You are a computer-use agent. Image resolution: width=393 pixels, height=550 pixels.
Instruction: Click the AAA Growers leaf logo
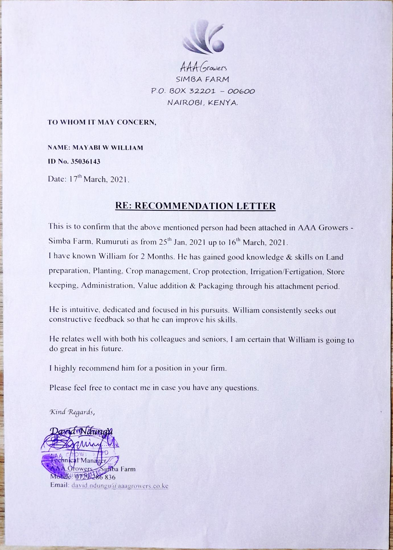204,37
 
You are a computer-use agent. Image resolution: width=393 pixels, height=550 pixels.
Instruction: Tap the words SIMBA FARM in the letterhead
202,79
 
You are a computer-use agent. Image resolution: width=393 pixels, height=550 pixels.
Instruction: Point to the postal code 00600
241,91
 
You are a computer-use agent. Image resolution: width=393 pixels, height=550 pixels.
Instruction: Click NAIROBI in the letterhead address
185,103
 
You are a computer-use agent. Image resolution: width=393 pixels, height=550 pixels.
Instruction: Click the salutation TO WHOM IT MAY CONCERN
102,122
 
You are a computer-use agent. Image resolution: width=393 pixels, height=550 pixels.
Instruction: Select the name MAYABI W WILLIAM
108,148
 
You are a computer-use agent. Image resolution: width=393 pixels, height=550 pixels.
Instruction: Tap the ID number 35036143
85,162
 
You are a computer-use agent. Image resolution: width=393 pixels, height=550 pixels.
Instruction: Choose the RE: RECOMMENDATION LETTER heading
195,206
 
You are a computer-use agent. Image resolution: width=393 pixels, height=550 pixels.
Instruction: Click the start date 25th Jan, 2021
176,242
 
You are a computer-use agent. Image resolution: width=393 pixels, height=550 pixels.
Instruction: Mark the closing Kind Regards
72,412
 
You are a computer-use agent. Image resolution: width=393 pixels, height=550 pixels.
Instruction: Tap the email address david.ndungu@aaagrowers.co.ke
120,486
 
